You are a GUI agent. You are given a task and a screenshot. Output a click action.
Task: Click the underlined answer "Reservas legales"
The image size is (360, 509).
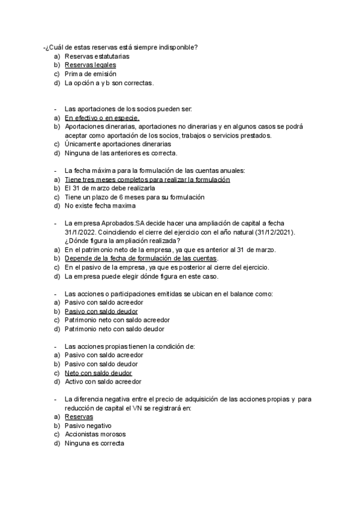click(90, 65)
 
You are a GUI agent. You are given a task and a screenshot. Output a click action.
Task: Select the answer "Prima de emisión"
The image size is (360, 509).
click(90, 74)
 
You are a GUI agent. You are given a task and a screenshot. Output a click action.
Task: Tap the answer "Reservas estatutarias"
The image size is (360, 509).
click(97, 56)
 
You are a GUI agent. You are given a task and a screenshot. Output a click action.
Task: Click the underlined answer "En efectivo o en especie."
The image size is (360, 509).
click(102, 118)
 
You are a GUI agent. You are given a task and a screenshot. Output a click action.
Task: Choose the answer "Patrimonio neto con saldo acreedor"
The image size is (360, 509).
click(116, 320)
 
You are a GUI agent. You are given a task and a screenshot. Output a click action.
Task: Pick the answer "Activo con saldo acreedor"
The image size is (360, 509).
click(103, 381)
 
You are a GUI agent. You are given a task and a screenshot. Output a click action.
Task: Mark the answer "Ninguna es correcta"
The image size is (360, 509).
click(94, 443)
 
